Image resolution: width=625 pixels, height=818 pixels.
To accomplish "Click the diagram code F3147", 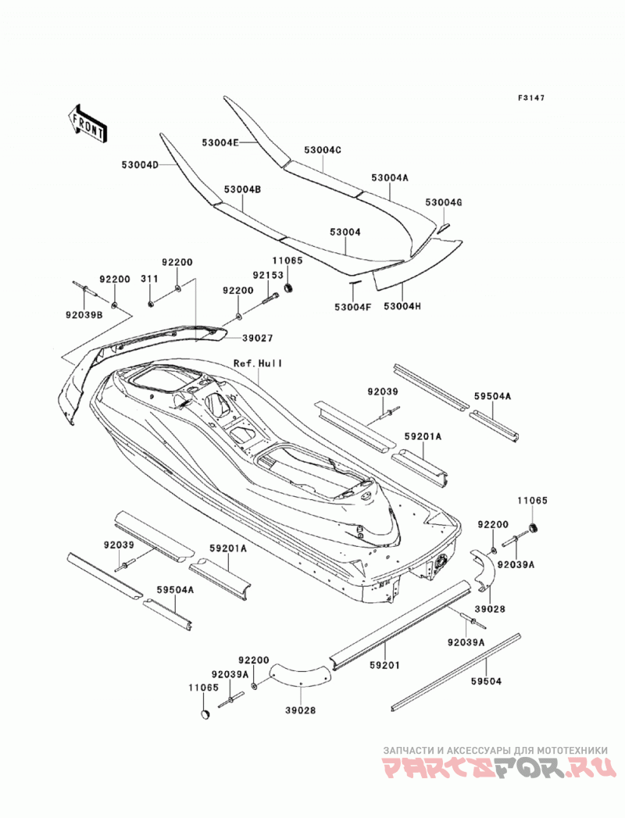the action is (531, 98).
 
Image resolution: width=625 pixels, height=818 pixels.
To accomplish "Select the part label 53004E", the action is (220, 142).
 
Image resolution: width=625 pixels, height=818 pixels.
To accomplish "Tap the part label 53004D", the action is (140, 165).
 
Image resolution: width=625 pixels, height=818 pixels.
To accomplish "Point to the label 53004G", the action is (444, 202).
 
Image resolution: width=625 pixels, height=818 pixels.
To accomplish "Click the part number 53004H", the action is (402, 307).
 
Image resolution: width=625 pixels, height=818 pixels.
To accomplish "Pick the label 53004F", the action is (352, 307).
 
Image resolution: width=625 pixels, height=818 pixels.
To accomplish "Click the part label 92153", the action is (268, 275).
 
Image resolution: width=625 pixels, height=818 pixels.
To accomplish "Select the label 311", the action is (149, 279).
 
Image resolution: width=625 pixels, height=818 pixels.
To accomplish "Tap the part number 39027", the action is (257, 338).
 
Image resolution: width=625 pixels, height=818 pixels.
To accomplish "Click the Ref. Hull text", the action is (258, 363).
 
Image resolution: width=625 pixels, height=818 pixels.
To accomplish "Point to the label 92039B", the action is (84, 314).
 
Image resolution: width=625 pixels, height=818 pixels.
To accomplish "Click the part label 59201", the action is (385, 666).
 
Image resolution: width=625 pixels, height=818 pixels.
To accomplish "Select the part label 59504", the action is (486, 681).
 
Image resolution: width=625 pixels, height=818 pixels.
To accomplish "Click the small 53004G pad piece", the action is (444, 227).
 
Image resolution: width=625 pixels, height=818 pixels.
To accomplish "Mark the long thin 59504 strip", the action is (456, 672).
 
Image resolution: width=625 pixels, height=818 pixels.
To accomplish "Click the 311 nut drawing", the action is (149, 304).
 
